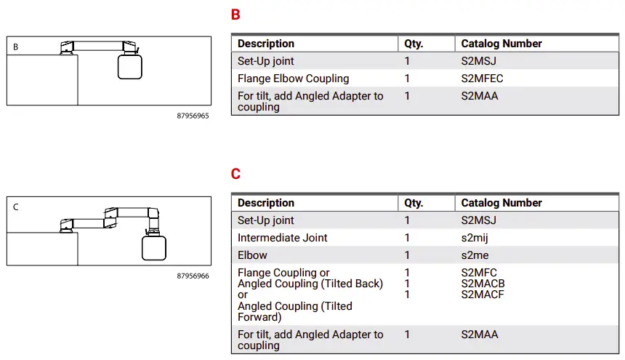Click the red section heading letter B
pyautogui.click(x=235, y=15)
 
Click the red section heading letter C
pyautogui.click(x=235, y=175)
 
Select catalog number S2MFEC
pyautogui.click(x=482, y=79)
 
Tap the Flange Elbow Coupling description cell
pyautogui.click(x=293, y=79)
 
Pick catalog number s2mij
pyautogui.click(x=476, y=238)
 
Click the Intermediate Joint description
pyautogui.click(x=282, y=238)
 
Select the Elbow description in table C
pyautogui.click(x=252, y=255)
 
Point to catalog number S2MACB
pyautogui.click(x=483, y=284)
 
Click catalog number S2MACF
pyautogui.click(x=483, y=295)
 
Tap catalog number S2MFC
pyautogui.click(x=479, y=273)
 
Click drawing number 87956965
pyautogui.click(x=193, y=116)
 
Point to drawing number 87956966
pyautogui.click(x=193, y=276)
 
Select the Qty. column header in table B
pyautogui.click(x=414, y=44)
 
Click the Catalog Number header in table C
pyautogui.click(x=501, y=203)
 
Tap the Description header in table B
pyautogui.click(x=266, y=44)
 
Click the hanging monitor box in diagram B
pyautogui.click(x=129, y=68)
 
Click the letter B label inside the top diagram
pyautogui.click(x=16, y=47)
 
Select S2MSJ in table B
pyautogui.click(x=480, y=61)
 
